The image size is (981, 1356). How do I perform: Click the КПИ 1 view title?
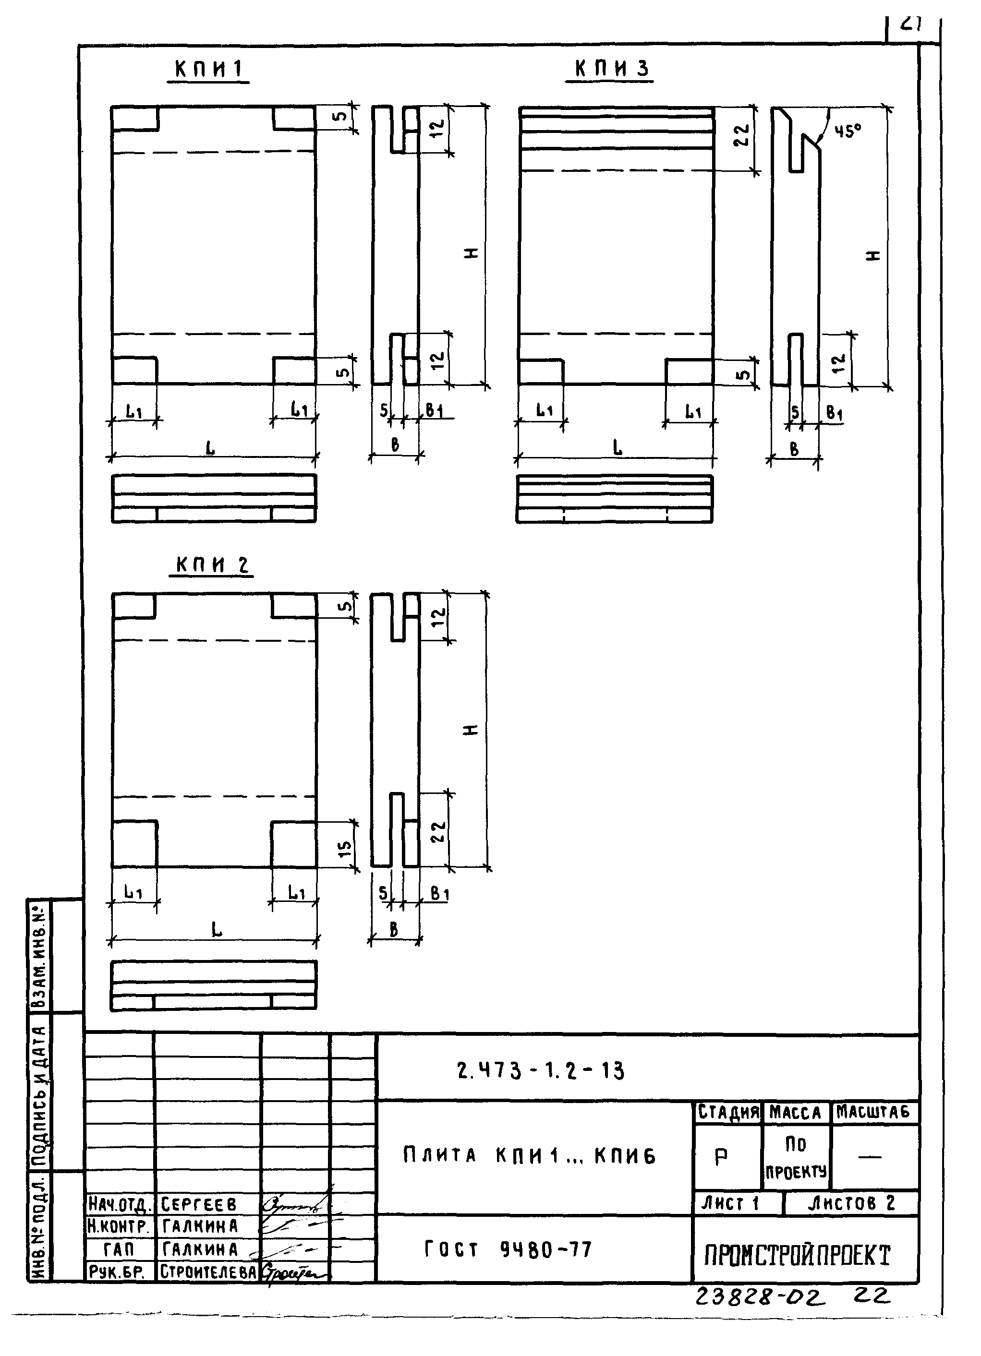[x=208, y=70]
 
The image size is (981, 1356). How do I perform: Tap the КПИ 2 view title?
[x=212, y=565]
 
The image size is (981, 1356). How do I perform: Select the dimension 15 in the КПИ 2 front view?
[x=345, y=845]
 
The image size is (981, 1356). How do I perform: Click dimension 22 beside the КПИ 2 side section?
[x=438, y=831]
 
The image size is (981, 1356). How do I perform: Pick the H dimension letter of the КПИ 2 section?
[x=472, y=730]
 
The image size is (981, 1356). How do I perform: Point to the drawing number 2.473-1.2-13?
[x=540, y=1071]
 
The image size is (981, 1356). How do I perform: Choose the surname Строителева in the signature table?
[x=208, y=1271]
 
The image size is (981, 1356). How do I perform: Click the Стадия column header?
[x=728, y=1113]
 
